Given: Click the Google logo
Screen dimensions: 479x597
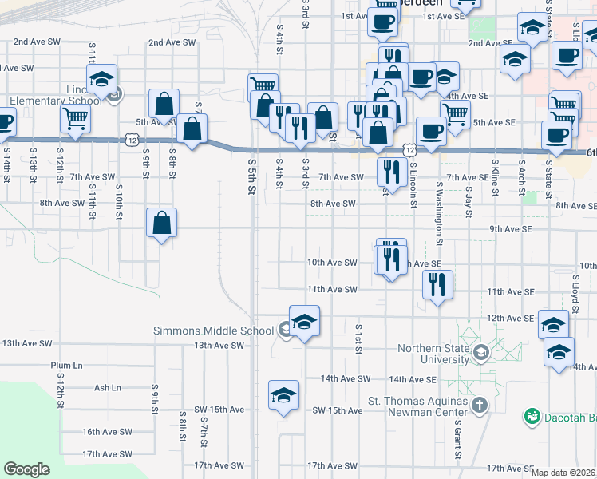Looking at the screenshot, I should [27, 469].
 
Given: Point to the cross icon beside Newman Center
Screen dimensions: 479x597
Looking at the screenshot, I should [479, 405].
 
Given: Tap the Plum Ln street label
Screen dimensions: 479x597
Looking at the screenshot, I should [66, 365].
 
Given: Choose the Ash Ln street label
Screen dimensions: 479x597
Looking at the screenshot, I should [107, 387].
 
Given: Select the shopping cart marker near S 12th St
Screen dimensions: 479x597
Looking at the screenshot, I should [75, 119].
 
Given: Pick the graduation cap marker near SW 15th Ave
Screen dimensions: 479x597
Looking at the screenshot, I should [283, 396].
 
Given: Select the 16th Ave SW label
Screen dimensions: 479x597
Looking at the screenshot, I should [107, 431].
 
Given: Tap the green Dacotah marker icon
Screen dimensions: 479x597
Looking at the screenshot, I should [532, 416].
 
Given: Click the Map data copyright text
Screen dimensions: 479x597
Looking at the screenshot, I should [563, 473].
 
